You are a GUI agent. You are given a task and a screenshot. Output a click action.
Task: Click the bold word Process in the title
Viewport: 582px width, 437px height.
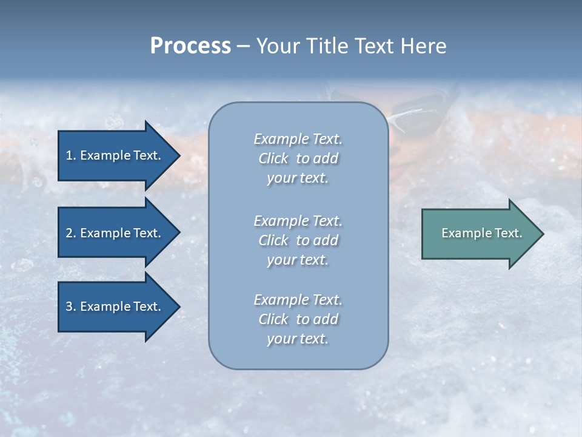pyautogui.click(x=190, y=46)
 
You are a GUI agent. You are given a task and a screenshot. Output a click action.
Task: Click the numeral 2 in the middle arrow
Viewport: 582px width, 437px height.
pyautogui.click(x=69, y=233)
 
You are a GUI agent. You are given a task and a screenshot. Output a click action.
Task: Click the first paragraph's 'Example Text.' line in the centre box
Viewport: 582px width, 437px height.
pyautogui.click(x=298, y=139)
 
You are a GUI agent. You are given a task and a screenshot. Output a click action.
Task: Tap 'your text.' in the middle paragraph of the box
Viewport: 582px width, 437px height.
pyautogui.click(x=298, y=260)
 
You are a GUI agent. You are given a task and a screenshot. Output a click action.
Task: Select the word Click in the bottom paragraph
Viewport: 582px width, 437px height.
pyautogui.click(x=273, y=319)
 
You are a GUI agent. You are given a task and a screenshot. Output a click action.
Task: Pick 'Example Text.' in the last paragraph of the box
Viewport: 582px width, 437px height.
pyautogui.click(x=298, y=300)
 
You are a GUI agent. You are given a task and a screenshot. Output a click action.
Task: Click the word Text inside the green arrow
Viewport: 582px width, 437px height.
pyautogui.click(x=509, y=233)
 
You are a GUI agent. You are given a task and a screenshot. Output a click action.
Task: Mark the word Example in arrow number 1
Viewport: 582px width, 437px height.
pyautogui.click(x=104, y=155)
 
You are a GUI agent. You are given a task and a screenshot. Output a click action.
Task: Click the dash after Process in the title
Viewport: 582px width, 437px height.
pyautogui.click(x=243, y=47)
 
